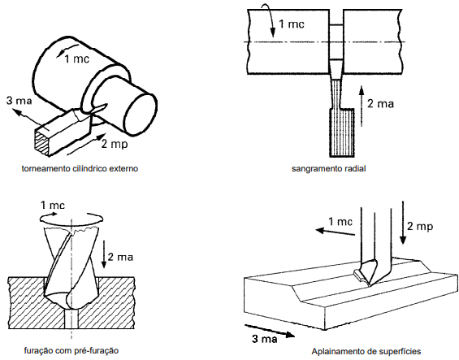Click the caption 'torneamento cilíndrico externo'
[80, 169]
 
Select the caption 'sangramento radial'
[328, 169]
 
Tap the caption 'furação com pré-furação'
[71, 350]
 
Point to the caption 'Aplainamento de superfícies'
[366, 351]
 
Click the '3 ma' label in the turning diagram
[19, 101]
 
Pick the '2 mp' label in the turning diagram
[115, 145]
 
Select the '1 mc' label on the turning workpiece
[76, 59]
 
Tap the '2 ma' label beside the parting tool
[380, 104]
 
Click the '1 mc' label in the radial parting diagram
[292, 24]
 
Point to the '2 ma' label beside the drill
[120, 257]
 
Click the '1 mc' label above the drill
[52, 205]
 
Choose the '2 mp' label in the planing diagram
[420, 227]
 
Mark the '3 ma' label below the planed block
[265, 339]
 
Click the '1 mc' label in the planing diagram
[340, 222]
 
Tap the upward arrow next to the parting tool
[362, 106]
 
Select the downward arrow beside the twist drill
[104, 254]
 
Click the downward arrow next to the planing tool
[403, 223]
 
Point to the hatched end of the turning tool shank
[42, 143]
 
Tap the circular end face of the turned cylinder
[139, 113]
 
